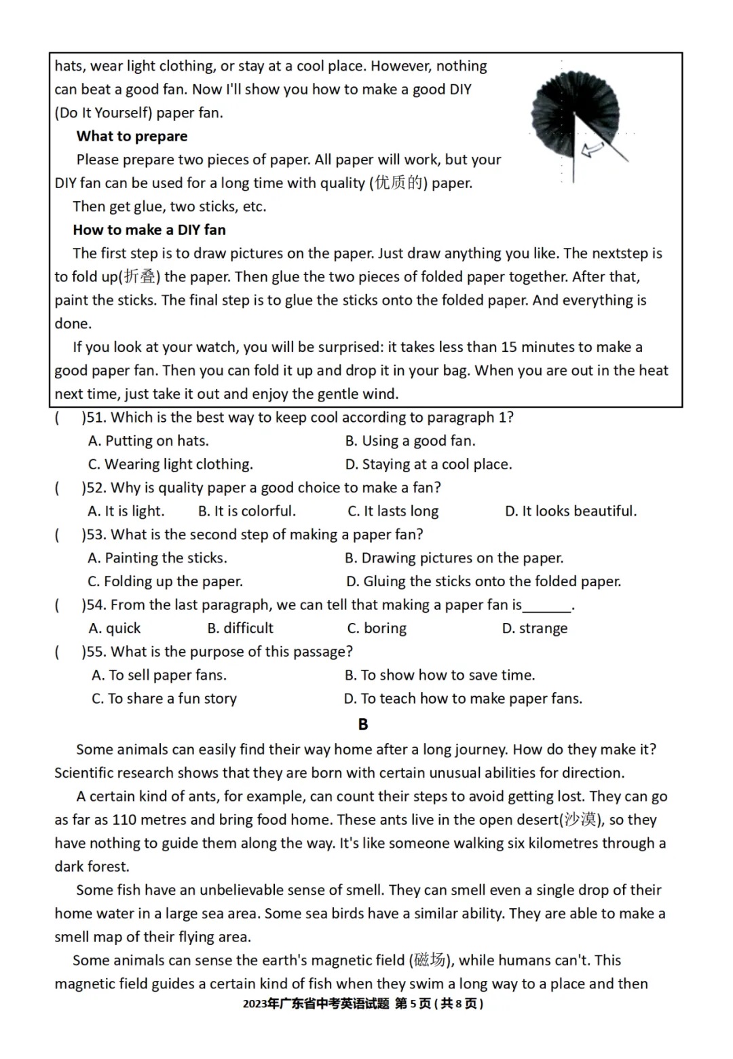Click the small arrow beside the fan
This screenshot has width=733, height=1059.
[x=593, y=149]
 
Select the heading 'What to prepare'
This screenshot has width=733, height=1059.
[x=132, y=136]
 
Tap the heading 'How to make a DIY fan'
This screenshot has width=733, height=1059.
[x=149, y=230]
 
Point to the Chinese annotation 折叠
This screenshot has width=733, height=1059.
[x=140, y=276]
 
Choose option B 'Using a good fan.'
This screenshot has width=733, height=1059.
[x=410, y=441]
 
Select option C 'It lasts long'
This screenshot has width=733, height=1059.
[x=393, y=511]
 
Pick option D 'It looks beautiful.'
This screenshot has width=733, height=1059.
[x=571, y=511]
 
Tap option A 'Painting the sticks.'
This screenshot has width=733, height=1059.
[x=157, y=558]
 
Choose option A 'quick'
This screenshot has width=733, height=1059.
[x=115, y=628]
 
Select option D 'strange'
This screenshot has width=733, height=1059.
[x=534, y=628]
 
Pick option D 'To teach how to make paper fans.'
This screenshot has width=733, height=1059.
[x=463, y=698]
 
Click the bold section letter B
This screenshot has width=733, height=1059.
[x=363, y=724]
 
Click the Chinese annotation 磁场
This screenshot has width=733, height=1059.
[x=429, y=960]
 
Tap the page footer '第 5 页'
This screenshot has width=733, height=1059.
[x=412, y=1004]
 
